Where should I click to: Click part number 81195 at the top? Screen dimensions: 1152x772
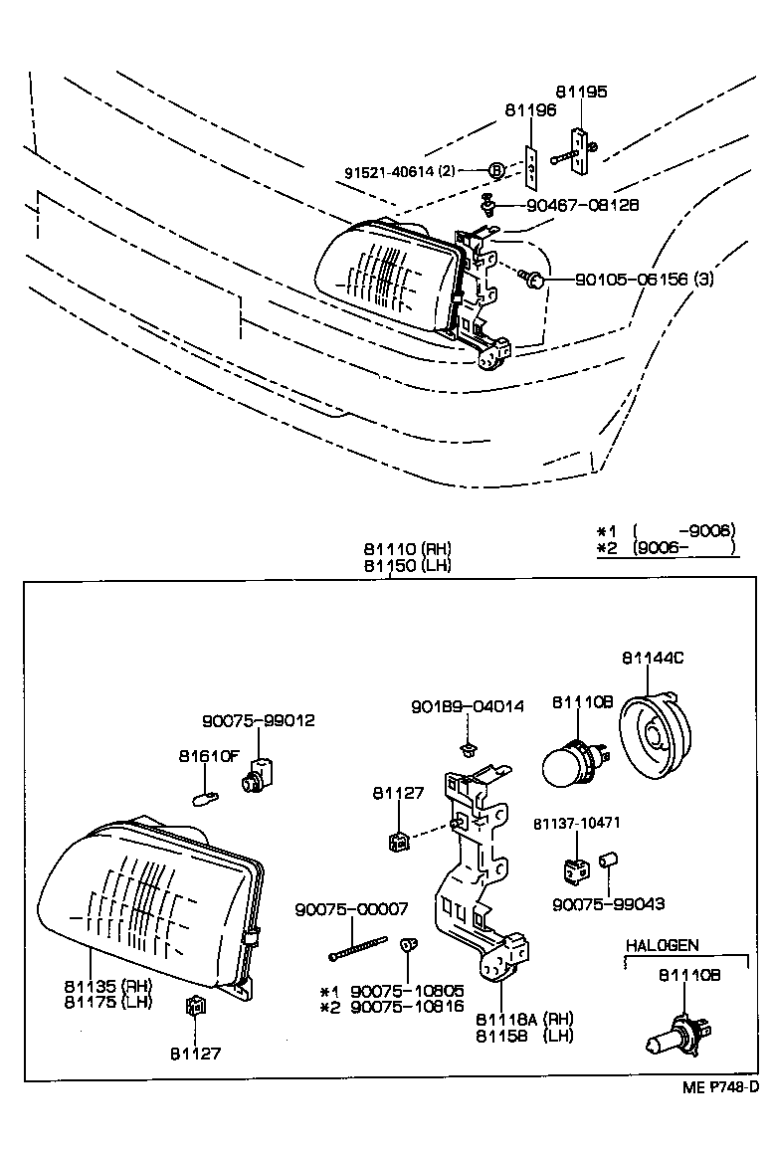tap(581, 92)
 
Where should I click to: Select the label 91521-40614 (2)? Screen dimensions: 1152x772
tap(399, 171)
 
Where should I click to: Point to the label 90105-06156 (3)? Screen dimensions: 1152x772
tap(644, 280)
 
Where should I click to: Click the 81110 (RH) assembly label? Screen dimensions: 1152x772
tap(407, 549)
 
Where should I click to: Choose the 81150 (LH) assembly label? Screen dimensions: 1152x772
tap(407, 565)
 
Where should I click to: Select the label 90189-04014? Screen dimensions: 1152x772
tap(467, 706)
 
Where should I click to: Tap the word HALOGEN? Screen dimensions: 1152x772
tap(662, 945)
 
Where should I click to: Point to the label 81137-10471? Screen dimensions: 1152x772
tap(576, 824)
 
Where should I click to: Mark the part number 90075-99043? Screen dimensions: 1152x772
tap(609, 904)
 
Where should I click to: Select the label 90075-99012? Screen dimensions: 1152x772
tap(258, 720)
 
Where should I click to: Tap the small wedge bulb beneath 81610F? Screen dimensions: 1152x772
tap(206, 796)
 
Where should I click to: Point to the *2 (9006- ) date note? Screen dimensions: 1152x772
tap(666, 546)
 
